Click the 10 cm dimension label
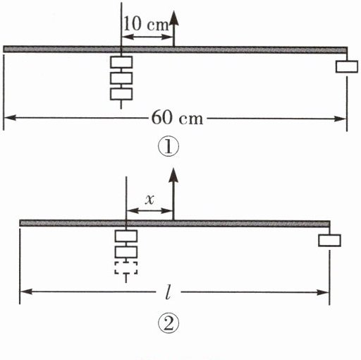[146, 24]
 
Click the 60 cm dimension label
[177, 118]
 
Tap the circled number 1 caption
[169, 147]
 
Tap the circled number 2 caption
[169, 324]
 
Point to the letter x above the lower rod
[149, 200]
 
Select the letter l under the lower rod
[168, 293]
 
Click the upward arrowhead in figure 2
[173, 175]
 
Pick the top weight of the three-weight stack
[121, 62]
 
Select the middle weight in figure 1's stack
[121, 78]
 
